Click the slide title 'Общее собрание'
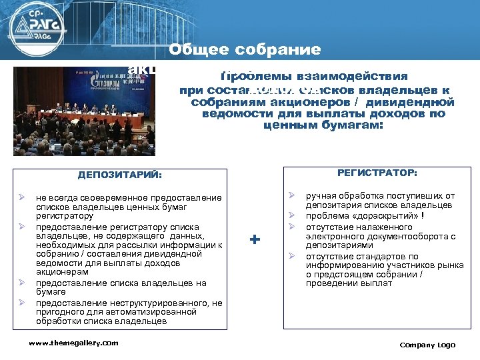245,50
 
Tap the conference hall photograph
84,111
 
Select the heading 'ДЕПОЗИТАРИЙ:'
120,175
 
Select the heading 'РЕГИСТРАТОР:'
377,173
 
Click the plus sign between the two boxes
254,239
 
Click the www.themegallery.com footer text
73,343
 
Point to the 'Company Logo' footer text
427,345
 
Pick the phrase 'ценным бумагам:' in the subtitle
324,124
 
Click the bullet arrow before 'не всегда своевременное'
22,198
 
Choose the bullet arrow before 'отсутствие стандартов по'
291,256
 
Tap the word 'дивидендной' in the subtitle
417,103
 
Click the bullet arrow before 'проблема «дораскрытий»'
291,215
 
